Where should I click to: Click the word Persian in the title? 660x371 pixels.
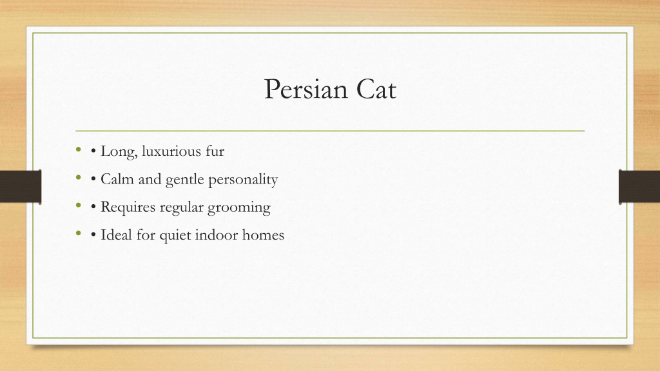point(306,89)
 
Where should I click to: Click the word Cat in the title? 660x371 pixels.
point(376,89)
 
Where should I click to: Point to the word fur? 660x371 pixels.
point(215,151)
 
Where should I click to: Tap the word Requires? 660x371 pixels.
point(128,207)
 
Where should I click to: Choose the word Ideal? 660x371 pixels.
point(116,234)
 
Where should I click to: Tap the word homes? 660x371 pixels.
point(263,234)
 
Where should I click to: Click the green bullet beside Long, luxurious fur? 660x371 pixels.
point(78,149)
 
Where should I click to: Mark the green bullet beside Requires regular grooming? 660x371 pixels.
point(78,205)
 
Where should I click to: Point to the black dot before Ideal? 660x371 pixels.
point(93,235)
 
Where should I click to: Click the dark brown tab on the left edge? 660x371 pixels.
point(21,187)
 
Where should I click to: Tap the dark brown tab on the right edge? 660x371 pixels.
point(639,187)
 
